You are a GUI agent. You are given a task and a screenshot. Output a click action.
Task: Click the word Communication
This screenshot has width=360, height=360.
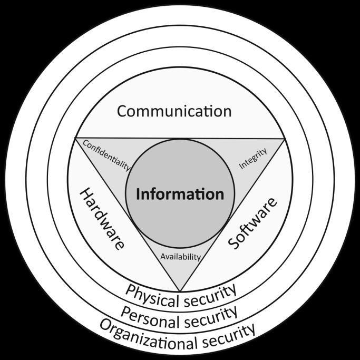click(174, 111)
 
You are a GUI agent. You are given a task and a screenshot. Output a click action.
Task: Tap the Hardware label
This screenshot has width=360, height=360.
click(101, 219)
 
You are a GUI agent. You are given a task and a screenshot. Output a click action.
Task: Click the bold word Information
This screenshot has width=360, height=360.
click(180, 194)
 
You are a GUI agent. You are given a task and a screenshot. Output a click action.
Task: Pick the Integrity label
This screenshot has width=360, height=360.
click(253, 158)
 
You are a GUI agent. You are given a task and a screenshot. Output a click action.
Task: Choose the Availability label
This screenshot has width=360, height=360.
click(180, 257)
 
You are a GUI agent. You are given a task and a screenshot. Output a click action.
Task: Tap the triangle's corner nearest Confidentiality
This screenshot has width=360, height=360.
click(75, 139)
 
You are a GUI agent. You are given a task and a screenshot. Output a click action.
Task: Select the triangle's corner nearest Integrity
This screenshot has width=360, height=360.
click(285, 139)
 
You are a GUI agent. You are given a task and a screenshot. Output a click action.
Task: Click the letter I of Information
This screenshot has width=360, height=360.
click(138, 194)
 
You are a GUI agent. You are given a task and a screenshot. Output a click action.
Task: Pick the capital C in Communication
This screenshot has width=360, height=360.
click(122, 111)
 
